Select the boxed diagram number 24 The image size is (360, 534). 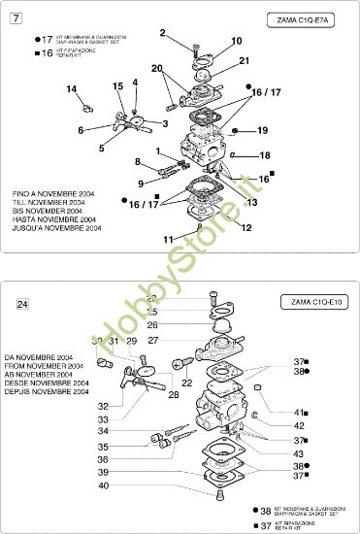[x=22, y=304]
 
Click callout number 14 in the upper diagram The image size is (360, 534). [x=71, y=89]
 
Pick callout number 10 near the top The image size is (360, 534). [x=237, y=42]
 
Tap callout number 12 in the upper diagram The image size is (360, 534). [x=245, y=227]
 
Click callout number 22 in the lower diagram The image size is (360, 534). [x=186, y=384]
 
